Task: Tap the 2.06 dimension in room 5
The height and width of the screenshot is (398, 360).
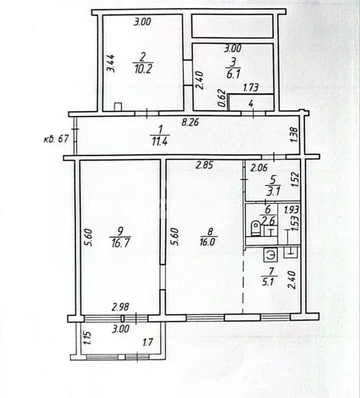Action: pyautogui.click(x=259, y=167)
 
